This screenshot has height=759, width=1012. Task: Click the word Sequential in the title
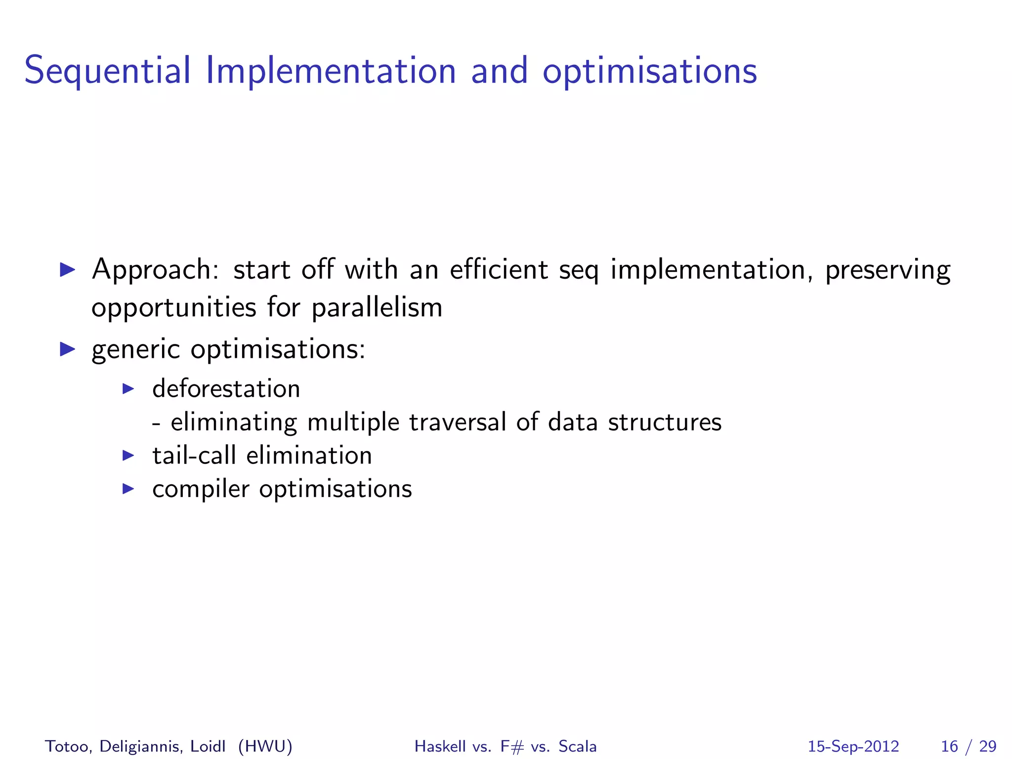[107, 71]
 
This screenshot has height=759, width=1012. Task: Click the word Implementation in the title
[330, 71]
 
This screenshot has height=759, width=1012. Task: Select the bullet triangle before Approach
[67, 270]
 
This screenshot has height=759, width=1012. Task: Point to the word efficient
[499, 270]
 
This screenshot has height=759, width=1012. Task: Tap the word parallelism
[377, 308]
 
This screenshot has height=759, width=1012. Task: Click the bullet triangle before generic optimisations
[67, 349]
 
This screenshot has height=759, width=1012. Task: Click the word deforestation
[226, 388]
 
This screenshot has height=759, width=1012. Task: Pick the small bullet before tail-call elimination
[128, 455]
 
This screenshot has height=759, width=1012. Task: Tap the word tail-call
[194, 455]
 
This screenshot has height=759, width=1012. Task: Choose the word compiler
[201, 489]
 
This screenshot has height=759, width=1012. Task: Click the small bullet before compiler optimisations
[128, 489]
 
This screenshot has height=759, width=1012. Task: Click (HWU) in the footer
[265, 746]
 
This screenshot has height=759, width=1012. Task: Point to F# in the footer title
[511, 746]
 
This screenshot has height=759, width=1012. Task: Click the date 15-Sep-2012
[853, 746]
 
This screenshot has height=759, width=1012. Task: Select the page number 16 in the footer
[949, 746]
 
